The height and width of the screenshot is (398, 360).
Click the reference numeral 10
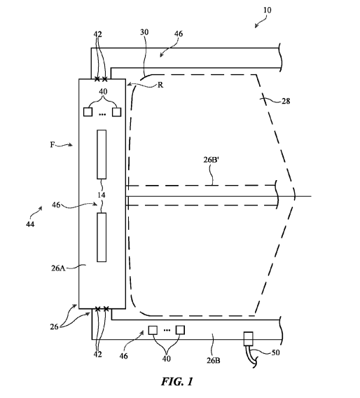pos(267,10)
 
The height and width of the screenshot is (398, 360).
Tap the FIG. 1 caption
pos(176,381)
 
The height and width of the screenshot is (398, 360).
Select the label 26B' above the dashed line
pos(211,160)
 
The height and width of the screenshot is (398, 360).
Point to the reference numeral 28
pos(286,101)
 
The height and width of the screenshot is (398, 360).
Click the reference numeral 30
pos(144,32)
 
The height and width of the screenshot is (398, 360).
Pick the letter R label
pos(160,85)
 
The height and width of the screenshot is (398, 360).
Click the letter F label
pos(53,144)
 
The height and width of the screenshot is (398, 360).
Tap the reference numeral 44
pos(30,224)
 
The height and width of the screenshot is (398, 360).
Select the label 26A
pos(58,268)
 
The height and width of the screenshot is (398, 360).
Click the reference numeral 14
pos(102,195)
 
